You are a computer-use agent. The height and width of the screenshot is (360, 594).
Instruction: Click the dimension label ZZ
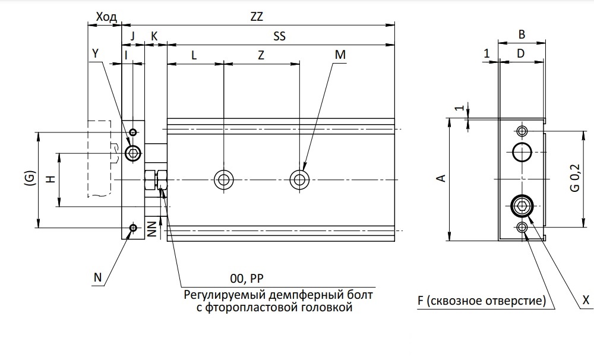pos(257,17)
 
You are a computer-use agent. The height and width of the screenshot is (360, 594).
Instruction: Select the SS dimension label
pos(280,36)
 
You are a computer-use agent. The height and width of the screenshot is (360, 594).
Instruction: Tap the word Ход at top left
pos(106,17)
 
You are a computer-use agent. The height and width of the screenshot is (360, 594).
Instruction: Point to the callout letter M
pos(340,55)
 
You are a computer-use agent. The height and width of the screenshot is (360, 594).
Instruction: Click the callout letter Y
pos(96,54)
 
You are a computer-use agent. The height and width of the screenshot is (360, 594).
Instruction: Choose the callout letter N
pos(98,277)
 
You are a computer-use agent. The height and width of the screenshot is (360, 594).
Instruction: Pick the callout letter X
pos(586,300)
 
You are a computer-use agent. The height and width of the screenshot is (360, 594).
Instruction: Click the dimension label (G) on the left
pos(30,178)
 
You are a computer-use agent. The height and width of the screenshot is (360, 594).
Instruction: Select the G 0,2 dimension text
pos(575,178)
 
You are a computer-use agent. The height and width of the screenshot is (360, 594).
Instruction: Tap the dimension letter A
pos(442,178)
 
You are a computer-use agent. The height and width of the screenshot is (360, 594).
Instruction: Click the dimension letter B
pos(522,34)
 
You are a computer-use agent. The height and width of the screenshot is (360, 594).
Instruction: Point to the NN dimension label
pos(152,229)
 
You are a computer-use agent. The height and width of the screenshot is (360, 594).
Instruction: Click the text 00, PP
pos(247,279)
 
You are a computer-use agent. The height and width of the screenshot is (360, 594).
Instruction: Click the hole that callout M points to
pos(299,179)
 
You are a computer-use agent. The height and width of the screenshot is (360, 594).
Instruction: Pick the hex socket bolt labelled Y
pos(133,154)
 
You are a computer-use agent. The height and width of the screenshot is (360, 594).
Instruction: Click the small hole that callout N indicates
pos(133,228)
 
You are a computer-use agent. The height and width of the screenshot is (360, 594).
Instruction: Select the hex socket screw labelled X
pos(522,206)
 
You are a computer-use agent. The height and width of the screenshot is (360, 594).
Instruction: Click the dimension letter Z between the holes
pos(261,55)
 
